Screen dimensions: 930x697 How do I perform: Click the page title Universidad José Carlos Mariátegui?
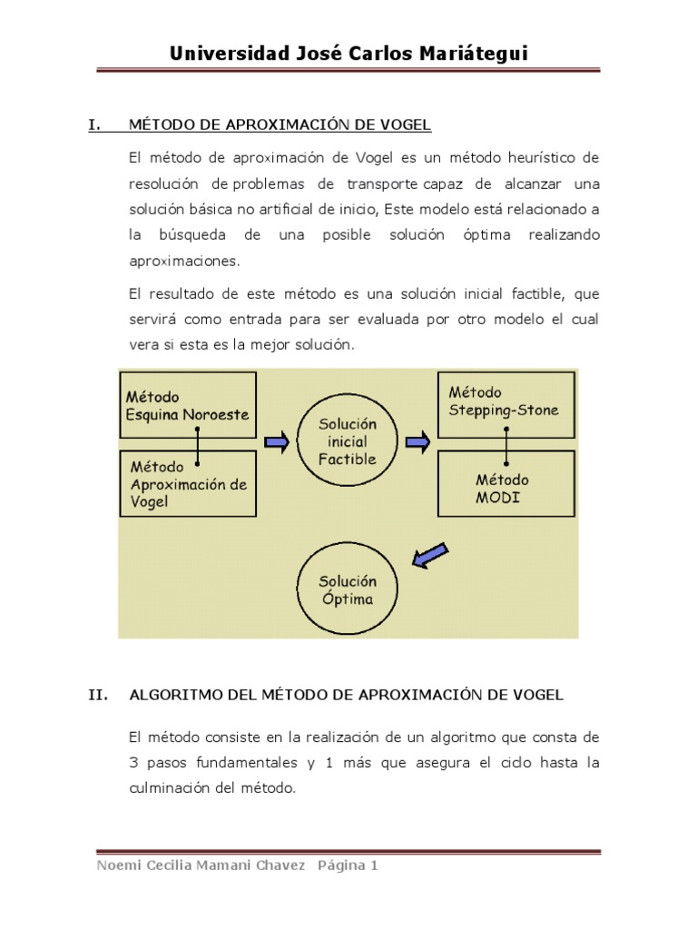click(x=348, y=54)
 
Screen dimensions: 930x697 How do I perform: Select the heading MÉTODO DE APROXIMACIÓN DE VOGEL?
click(x=280, y=125)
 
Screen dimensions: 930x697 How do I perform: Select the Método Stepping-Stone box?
click(x=506, y=400)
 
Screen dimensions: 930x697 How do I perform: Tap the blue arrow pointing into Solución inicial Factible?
click(x=277, y=442)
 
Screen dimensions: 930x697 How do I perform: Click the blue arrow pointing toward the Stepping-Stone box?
click(x=417, y=442)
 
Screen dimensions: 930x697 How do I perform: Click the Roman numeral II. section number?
click(x=97, y=695)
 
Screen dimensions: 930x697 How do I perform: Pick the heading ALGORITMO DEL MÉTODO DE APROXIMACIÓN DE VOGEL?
click(x=348, y=695)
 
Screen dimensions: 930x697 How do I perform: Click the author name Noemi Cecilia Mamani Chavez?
click(x=201, y=866)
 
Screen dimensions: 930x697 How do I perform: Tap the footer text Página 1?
click(x=347, y=866)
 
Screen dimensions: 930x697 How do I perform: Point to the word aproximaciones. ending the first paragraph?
click(x=185, y=260)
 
